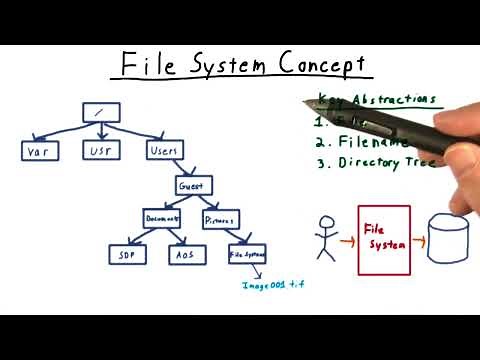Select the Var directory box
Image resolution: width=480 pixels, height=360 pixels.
click(x=40, y=151)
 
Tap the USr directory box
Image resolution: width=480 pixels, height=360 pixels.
click(x=100, y=151)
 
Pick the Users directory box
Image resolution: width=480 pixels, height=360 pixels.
click(x=165, y=151)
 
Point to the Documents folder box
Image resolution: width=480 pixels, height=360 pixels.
click(x=161, y=218)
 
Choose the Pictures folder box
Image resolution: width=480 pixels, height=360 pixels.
click(x=220, y=218)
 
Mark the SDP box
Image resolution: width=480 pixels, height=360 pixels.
click(x=128, y=254)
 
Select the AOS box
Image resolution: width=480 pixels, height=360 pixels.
click(x=184, y=254)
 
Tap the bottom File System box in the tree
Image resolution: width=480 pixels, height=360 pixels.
click(x=247, y=254)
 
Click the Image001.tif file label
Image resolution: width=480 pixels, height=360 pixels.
click(x=272, y=285)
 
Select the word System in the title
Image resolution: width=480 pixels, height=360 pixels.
click(x=227, y=65)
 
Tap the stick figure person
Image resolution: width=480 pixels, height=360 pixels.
click(x=325, y=239)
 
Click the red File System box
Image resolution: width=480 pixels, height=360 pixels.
click(x=384, y=239)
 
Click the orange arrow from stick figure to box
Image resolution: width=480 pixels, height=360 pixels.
click(x=347, y=240)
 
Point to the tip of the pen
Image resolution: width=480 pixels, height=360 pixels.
click(x=306, y=103)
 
